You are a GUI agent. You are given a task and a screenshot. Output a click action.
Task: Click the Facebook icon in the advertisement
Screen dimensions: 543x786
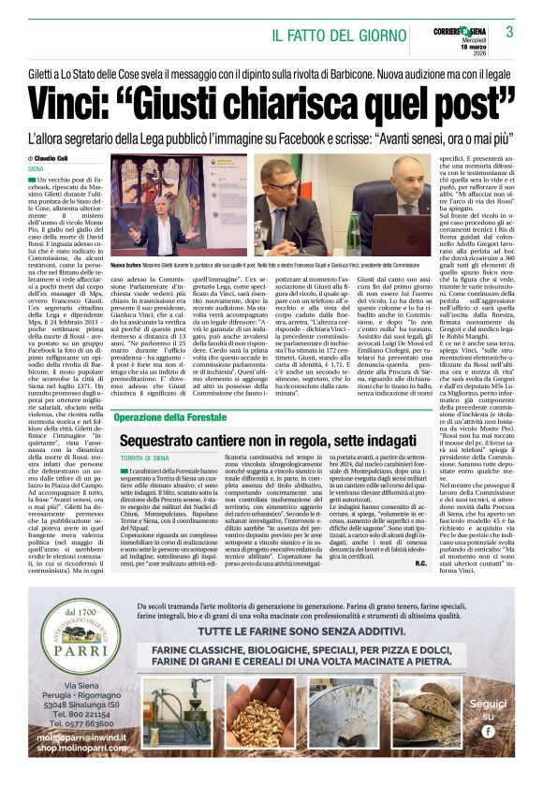(488, 732)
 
